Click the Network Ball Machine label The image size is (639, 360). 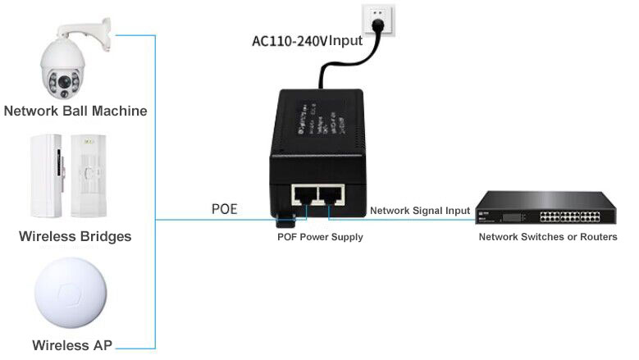coord(75,111)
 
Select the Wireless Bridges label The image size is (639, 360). coord(75,237)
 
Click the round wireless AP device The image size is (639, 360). coord(70,296)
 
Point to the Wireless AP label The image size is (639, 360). coord(72,345)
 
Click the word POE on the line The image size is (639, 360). coord(223,209)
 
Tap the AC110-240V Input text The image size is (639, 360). coord(307,40)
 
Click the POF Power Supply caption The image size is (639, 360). coord(319,237)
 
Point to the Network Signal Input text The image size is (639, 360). coord(420,211)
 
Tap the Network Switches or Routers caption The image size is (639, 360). coord(548,237)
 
